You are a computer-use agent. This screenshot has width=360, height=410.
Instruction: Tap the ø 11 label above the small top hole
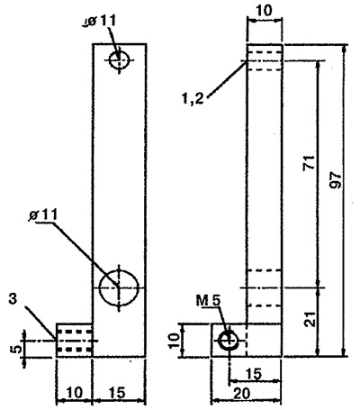coord(100,22)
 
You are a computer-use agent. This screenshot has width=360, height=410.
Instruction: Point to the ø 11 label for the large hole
coord(43,215)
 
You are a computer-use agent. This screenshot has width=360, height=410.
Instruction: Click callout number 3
coord(13,300)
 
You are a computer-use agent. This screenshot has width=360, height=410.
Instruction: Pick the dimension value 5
coord(17,349)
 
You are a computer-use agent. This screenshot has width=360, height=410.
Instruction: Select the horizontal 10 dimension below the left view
coord(74,392)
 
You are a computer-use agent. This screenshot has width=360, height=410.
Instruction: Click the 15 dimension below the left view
coord(117,392)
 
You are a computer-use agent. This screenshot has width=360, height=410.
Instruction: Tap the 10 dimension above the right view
coord(264,11)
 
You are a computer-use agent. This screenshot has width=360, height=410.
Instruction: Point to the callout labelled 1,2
coord(193,98)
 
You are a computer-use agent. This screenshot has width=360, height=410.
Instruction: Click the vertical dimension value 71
coord(310,163)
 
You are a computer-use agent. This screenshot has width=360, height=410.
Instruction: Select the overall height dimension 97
coord(336,180)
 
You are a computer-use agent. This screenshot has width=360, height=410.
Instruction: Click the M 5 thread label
coord(209,300)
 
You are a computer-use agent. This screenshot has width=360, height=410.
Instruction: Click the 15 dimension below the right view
coord(254,374)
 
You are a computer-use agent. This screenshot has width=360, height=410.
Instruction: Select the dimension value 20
coord(241,394)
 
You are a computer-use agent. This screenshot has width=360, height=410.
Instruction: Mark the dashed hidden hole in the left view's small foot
coord(75,341)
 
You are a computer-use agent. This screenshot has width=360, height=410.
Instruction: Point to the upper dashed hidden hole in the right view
coord(265,61)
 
